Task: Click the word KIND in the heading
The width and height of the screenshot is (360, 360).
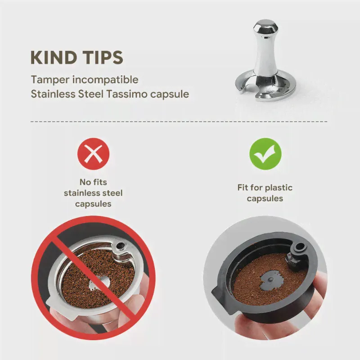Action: click(54, 58)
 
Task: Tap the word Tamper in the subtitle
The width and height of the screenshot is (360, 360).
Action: click(50, 80)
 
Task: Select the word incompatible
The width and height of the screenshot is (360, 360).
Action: click(105, 80)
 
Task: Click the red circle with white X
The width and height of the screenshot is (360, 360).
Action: click(94, 154)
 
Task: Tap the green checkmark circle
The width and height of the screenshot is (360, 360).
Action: click(265, 154)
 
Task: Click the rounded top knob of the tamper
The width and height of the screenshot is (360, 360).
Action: click(265, 27)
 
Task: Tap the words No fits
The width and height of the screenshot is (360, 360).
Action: click(93, 182)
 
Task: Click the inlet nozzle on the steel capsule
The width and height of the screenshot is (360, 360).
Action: click(119, 247)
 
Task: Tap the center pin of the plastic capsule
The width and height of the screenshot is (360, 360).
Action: click(270, 279)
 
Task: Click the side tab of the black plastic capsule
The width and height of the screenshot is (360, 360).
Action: click(218, 296)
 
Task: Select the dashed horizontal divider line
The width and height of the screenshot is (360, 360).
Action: click(179, 121)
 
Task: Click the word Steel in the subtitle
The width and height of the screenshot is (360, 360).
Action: click(91, 94)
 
